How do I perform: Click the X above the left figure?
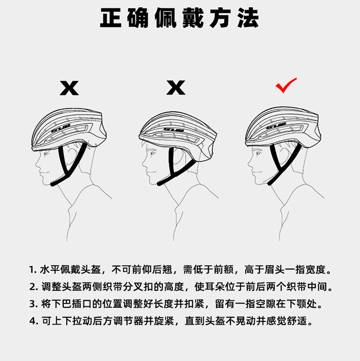(x=69, y=88)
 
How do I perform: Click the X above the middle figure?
(x=176, y=87)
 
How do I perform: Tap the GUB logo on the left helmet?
(x=60, y=128)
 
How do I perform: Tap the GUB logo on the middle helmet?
(x=174, y=130)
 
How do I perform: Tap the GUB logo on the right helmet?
(x=276, y=126)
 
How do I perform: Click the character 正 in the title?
(x=111, y=18)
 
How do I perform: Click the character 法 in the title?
(x=248, y=18)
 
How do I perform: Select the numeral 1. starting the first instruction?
(x=33, y=270)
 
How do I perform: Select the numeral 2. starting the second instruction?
(x=34, y=287)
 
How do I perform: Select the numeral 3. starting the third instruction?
(x=34, y=304)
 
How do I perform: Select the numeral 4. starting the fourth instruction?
(x=34, y=321)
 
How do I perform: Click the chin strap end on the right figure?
(x=269, y=183)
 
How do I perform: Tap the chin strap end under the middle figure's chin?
(x=160, y=184)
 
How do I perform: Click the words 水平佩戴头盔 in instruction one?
(x=71, y=270)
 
